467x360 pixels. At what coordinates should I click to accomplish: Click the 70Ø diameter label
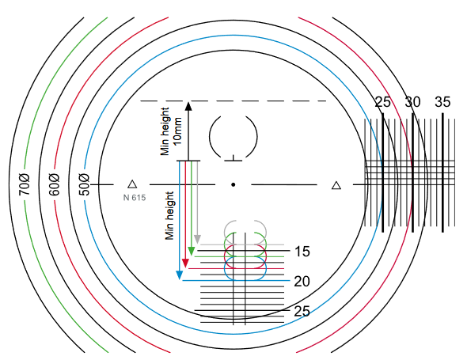pyautogui.click(x=25, y=184)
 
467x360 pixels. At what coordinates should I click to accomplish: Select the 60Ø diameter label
pyautogui.click(x=54, y=184)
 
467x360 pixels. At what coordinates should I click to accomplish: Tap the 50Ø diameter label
pyautogui.click(x=84, y=184)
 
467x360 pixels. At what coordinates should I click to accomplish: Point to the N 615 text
pyautogui.click(x=135, y=198)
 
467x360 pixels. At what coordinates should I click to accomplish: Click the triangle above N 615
pyautogui.click(x=132, y=184)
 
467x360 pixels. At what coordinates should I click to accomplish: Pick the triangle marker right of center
pyautogui.click(x=336, y=185)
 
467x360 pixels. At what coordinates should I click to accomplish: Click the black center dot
pyautogui.click(x=233, y=184)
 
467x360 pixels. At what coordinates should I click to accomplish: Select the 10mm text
pyautogui.click(x=178, y=131)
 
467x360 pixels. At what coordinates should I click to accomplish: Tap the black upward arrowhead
pyautogui.click(x=188, y=106)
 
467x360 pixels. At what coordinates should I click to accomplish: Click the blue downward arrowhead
pyautogui.click(x=180, y=275)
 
